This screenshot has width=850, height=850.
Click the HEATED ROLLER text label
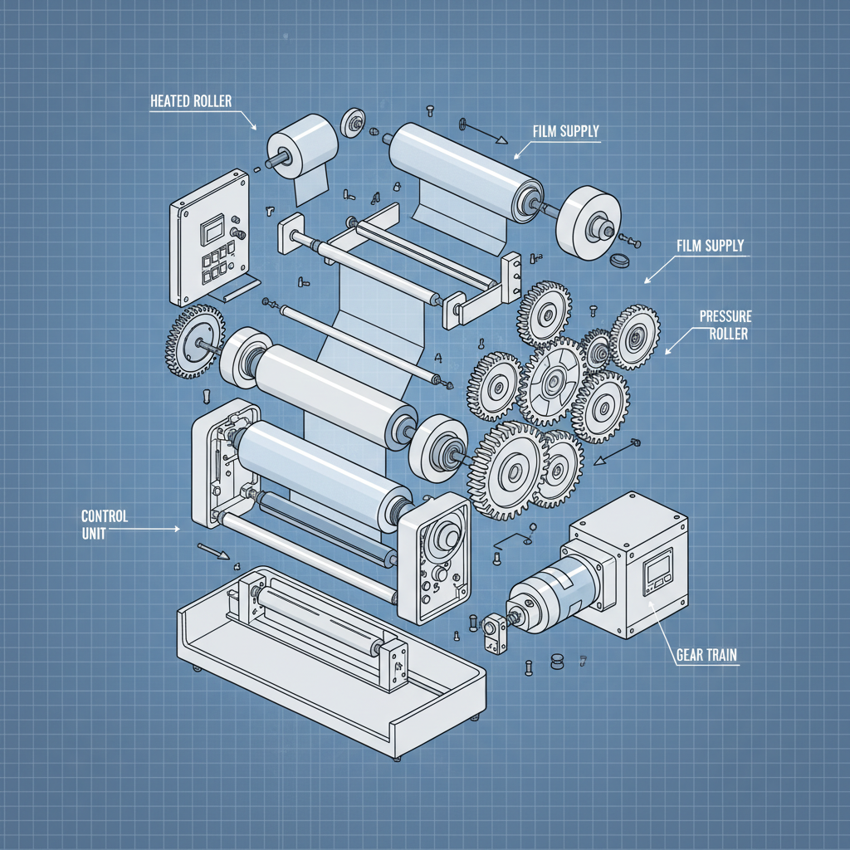click(190, 101)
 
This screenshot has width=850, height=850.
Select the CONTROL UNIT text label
click(105, 525)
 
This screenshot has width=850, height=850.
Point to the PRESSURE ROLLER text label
click(725, 325)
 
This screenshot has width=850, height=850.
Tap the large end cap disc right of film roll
click(589, 220)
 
